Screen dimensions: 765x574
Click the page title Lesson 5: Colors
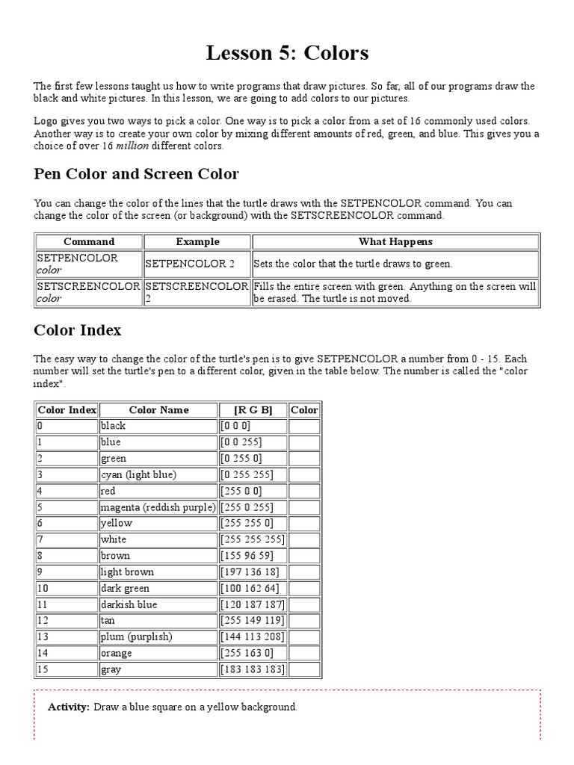tap(287, 53)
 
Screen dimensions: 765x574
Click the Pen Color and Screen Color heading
tap(136, 174)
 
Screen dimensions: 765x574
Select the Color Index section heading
tap(78, 329)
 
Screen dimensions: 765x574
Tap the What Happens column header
tap(395, 241)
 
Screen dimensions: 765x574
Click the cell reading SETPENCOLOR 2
tap(190, 264)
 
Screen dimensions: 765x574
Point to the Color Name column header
tap(158, 409)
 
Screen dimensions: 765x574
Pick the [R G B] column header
tap(253, 409)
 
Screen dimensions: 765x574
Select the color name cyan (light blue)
tap(138, 474)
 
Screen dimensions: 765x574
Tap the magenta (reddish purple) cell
tap(158, 507)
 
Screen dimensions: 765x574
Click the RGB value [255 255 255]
tap(251, 539)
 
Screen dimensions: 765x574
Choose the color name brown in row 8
tap(115, 556)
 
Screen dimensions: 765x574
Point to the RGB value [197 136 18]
tap(250, 572)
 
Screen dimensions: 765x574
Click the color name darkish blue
tap(129, 604)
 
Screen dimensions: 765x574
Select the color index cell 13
tap(43, 637)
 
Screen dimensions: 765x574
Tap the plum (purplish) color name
tap(136, 637)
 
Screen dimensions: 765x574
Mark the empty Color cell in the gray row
tap(304, 669)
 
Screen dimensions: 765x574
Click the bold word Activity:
tap(69, 707)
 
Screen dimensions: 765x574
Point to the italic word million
tap(133, 146)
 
